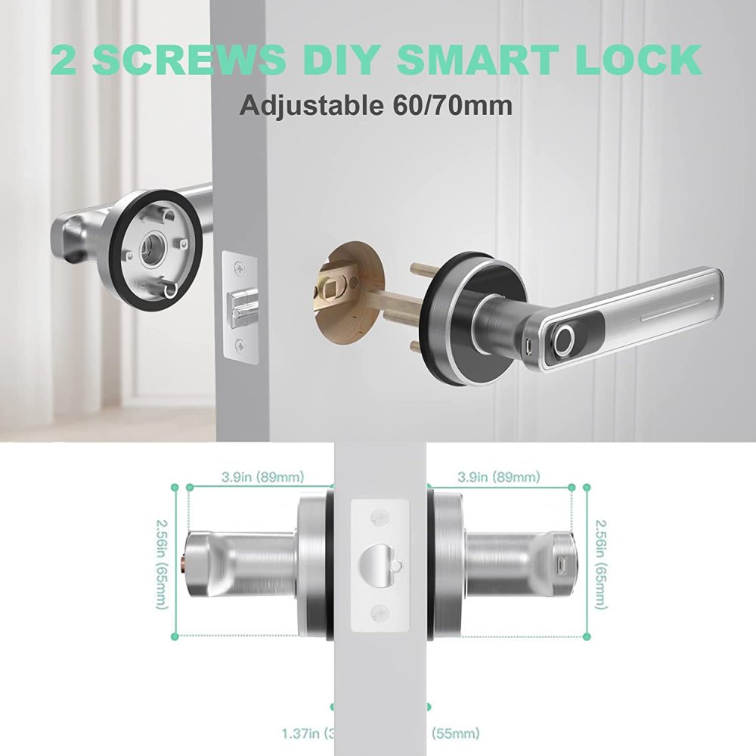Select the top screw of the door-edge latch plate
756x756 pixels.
[240, 268]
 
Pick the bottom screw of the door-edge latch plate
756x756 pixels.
[240, 345]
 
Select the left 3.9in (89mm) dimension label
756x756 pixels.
[262, 477]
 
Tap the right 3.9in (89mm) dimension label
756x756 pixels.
[498, 477]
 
